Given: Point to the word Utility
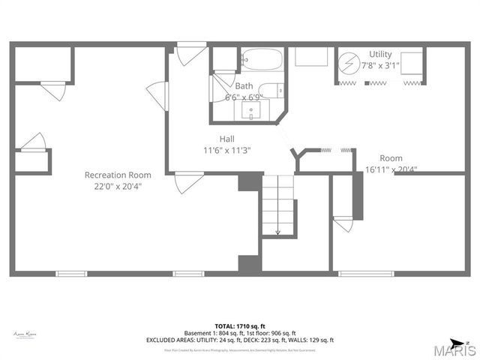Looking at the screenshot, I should click(x=379, y=54).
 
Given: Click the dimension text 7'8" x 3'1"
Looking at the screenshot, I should click(x=380, y=65).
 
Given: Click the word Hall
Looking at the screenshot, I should click(x=227, y=139).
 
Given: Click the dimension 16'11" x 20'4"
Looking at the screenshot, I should click(x=391, y=169).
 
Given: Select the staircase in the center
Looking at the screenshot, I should click(x=277, y=202).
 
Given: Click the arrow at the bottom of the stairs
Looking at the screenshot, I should click(x=277, y=232).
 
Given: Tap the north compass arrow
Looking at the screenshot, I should click(x=458, y=343).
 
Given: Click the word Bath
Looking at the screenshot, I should click(x=244, y=86).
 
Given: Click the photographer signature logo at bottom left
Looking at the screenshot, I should click(x=25, y=333).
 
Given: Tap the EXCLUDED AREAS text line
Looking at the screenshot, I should click(x=240, y=339).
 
